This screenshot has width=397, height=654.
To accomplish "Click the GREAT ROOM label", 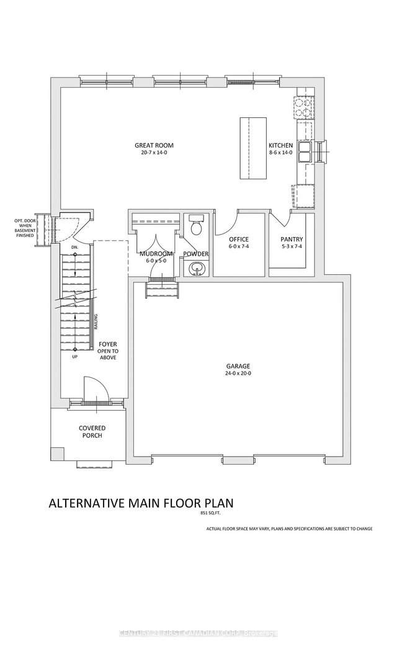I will tap(151, 146).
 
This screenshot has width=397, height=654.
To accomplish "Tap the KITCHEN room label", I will tap(281, 146).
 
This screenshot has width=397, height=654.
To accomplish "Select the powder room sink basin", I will tap(197, 267).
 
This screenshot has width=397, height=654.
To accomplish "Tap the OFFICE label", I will tap(238, 239).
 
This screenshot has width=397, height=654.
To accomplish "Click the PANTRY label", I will tap(290, 239).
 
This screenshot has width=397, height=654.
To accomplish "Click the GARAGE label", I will tap(238, 366).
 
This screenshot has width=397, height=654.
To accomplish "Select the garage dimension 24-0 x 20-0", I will tap(238, 374).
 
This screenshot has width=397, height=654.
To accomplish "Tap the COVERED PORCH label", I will tap(91, 432).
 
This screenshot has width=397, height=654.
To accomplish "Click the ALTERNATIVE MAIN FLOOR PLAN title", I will tap(141, 503).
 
